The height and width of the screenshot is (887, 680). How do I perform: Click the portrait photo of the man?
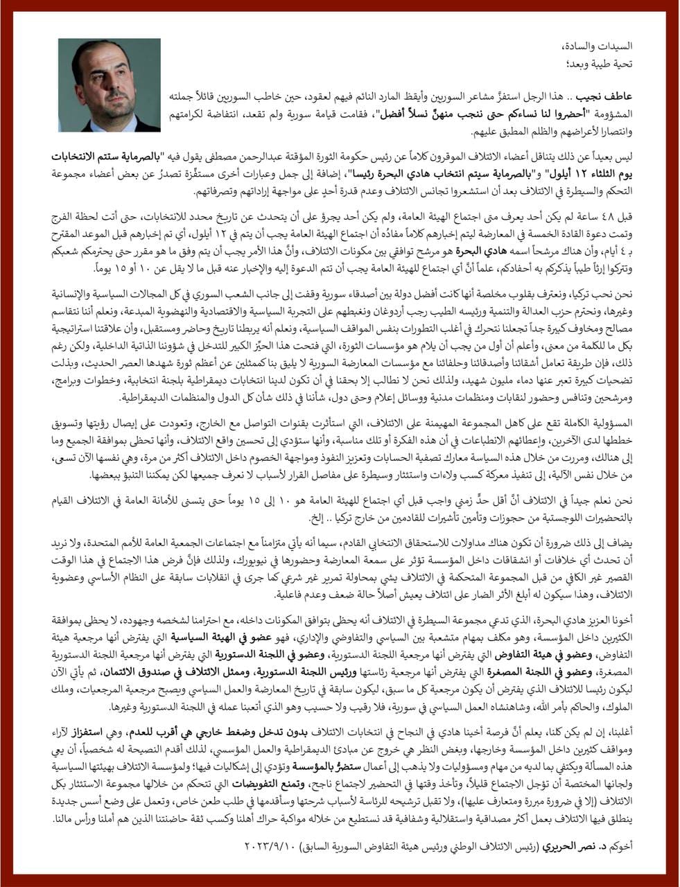[110, 85]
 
